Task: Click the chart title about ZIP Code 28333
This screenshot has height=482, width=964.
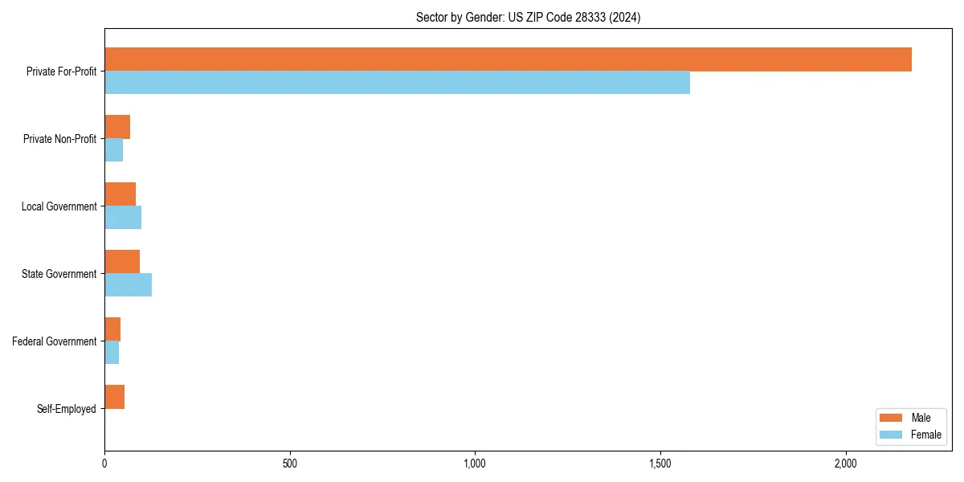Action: click(528, 17)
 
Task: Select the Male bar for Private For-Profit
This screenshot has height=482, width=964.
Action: click(508, 59)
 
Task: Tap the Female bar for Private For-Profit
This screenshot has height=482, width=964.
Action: click(397, 83)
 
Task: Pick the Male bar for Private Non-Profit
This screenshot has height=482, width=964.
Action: click(117, 127)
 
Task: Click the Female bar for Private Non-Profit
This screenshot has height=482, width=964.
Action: click(114, 150)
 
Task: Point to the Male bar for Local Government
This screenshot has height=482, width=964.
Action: click(120, 194)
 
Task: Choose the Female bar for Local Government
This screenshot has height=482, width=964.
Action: click(123, 218)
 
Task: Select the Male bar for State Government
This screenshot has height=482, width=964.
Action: click(122, 262)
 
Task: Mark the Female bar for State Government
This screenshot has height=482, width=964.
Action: click(129, 285)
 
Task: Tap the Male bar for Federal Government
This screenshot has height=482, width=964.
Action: click(112, 329)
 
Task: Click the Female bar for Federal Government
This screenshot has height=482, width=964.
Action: click(112, 353)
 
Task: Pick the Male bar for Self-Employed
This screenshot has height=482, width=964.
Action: click(115, 397)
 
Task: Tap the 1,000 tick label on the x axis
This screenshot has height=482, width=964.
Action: click(475, 464)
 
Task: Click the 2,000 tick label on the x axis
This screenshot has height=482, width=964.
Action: click(845, 464)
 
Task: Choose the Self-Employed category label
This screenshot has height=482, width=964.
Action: click(67, 409)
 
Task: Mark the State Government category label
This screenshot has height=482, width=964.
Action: click(59, 274)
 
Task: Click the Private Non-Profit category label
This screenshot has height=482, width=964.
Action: click(59, 139)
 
